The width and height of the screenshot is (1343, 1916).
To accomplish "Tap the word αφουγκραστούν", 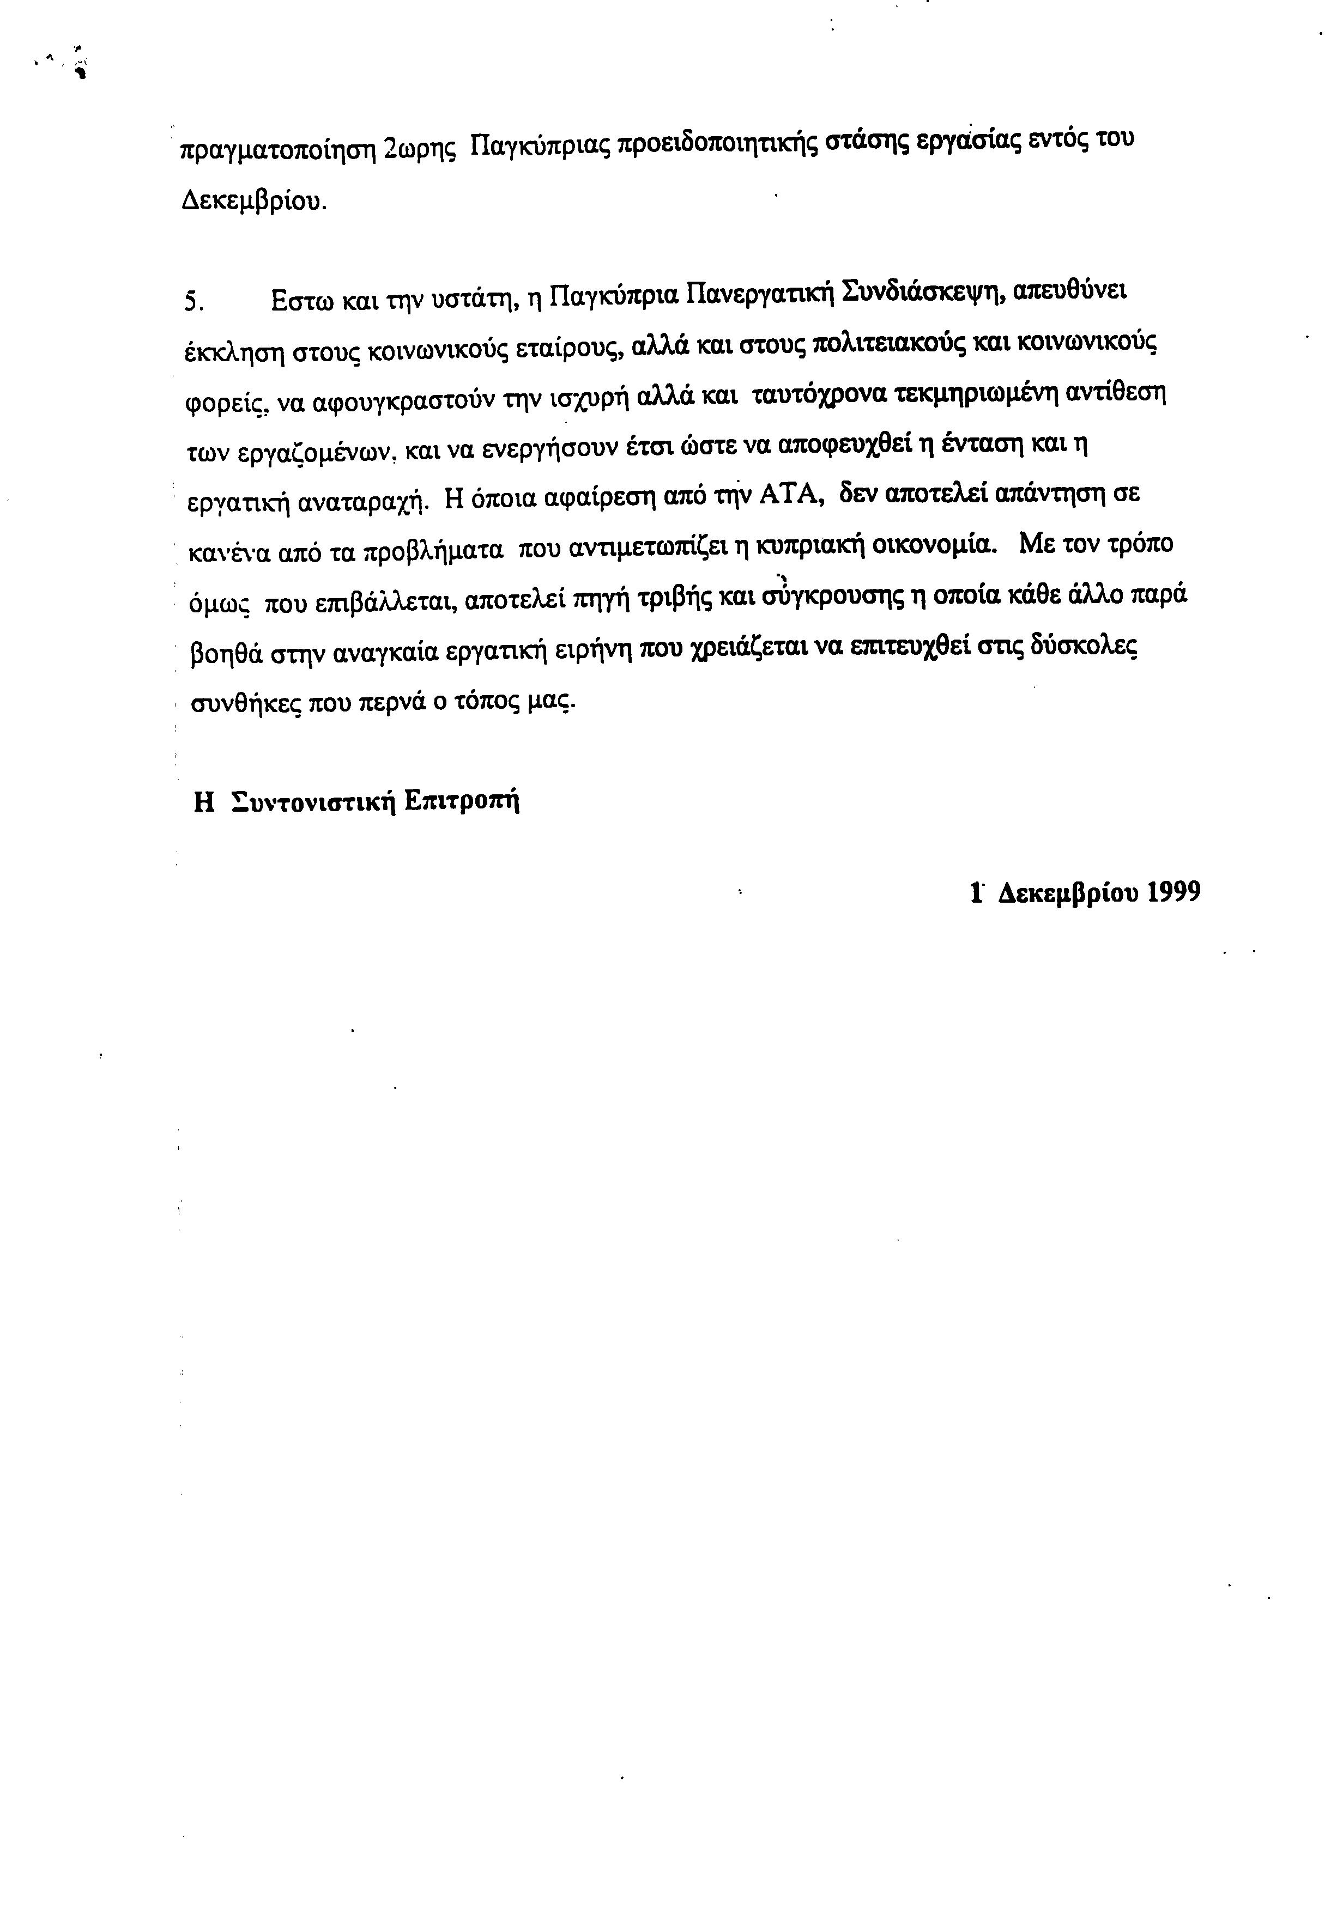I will [406, 402].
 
